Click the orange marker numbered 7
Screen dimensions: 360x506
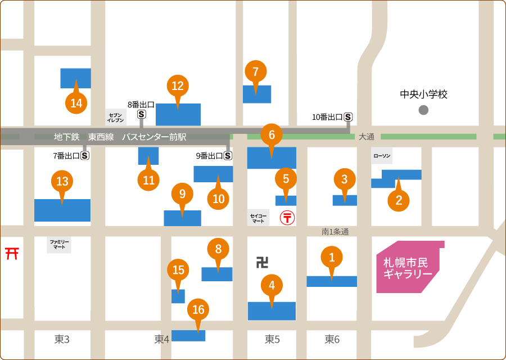pyautogui.click(x=256, y=71)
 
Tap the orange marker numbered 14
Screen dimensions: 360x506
pyautogui.click(x=76, y=103)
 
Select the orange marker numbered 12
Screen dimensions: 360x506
pyautogui.click(x=178, y=85)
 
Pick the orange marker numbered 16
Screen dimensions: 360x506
pyautogui.click(x=198, y=309)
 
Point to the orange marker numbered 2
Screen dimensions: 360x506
pyautogui.click(x=399, y=200)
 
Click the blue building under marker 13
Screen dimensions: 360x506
pyautogui.click(x=62, y=210)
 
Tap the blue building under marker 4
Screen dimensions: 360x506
pyautogui.click(x=272, y=311)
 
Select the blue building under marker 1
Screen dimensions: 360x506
pyautogui.click(x=332, y=281)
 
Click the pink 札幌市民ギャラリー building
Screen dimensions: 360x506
pyautogui.click(x=408, y=268)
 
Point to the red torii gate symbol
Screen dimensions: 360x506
pyautogui.click(x=12, y=253)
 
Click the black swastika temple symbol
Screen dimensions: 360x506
pyautogui.click(x=262, y=262)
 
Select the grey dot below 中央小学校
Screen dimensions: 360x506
pyautogui.click(x=423, y=110)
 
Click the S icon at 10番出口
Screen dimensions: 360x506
pyautogui.click(x=349, y=117)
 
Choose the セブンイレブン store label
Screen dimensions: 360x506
pyautogui.click(x=116, y=116)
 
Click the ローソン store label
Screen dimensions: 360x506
pyautogui.click(x=382, y=156)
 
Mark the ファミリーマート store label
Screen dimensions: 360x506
pyautogui.click(x=60, y=244)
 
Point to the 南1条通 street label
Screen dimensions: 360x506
pyautogui.click(x=335, y=231)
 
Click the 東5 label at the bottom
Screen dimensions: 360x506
pyautogui.click(x=273, y=339)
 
